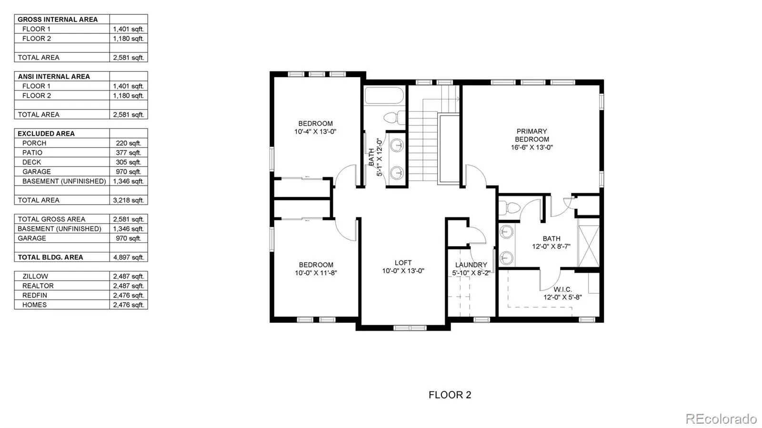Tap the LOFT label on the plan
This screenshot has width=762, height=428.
click(x=403, y=263)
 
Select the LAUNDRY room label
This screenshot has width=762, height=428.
click(x=471, y=265)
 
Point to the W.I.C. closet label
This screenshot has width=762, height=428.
click(x=562, y=289)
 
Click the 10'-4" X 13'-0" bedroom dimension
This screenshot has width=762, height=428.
click(x=315, y=131)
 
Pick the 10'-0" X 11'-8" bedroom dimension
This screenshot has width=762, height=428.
click(x=316, y=273)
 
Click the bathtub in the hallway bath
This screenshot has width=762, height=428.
click(x=384, y=95)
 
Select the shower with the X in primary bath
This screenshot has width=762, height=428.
click(x=588, y=246)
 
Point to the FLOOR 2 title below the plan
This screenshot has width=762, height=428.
click(x=450, y=395)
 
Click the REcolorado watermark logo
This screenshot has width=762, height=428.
click(x=721, y=418)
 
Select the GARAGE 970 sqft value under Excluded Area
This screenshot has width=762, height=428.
click(x=128, y=171)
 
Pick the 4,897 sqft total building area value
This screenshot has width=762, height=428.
click(x=128, y=257)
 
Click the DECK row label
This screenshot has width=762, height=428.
click(x=31, y=162)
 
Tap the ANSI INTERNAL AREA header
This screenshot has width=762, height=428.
click(x=54, y=76)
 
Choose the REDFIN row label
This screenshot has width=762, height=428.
click(x=34, y=295)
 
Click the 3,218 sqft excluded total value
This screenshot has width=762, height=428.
click(x=128, y=200)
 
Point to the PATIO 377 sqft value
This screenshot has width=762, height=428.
click(x=128, y=152)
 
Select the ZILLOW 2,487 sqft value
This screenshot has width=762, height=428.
click(x=128, y=276)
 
